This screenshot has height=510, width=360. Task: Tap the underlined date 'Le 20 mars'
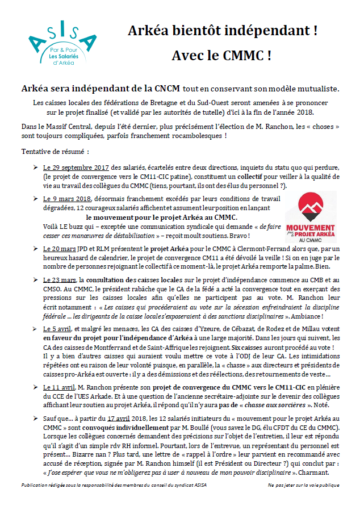pos(60,249)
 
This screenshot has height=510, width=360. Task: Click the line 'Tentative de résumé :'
pos(55,153)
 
